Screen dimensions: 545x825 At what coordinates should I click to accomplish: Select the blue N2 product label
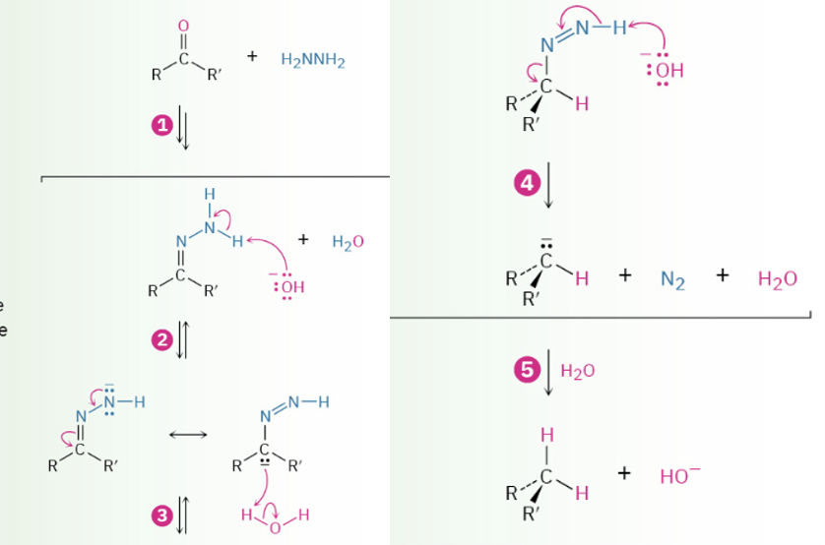click(672, 280)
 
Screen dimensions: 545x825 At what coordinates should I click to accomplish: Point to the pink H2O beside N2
click(778, 280)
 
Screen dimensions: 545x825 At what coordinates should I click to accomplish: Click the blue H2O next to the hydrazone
click(348, 241)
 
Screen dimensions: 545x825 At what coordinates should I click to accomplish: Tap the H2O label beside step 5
click(578, 371)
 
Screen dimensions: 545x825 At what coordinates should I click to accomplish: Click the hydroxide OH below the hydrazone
click(288, 286)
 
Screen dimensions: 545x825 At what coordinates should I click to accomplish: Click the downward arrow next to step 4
click(548, 185)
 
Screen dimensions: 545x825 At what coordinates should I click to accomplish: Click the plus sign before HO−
click(624, 473)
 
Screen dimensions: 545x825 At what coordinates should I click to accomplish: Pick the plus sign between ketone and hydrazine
click(252, 57)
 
